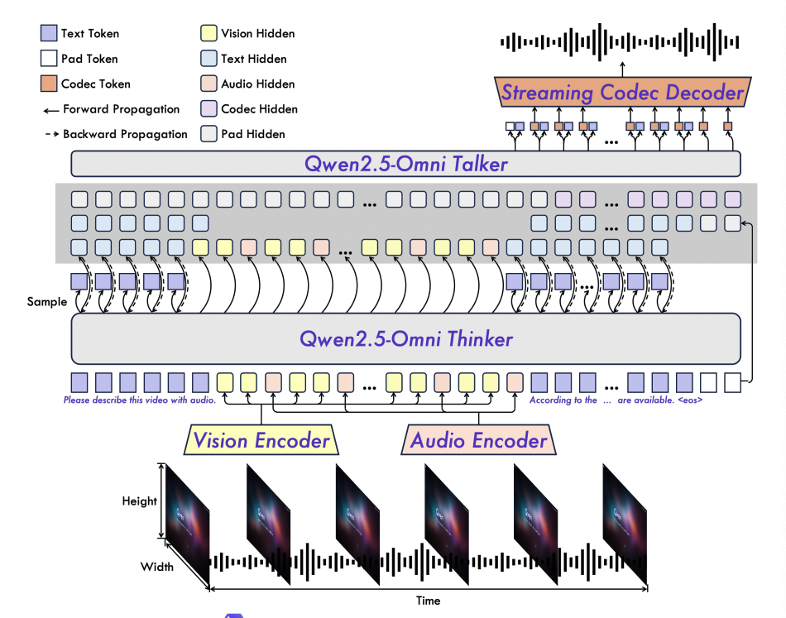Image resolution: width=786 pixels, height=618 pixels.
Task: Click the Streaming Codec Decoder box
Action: (x=622, y=92)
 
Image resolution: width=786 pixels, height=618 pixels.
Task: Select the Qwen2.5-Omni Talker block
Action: (x=405, y=164)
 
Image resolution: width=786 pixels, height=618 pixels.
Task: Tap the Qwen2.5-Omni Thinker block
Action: (x=405, y=338)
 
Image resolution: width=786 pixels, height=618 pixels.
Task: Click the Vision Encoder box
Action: (x=261, y=440)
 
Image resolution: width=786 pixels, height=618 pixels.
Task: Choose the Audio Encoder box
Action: (x=479, y=440)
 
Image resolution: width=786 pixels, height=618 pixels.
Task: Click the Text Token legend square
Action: (x=48, y=34)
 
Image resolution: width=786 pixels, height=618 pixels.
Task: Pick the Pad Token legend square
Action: (x=48, y=59)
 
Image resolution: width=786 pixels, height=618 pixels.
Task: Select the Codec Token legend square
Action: (x=48, y=84)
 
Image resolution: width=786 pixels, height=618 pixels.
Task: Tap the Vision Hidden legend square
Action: (x=208, y=34)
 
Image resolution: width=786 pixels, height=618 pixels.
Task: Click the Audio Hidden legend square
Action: (x=208, y=84)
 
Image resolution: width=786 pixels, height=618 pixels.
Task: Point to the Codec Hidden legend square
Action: (x=208, y=109)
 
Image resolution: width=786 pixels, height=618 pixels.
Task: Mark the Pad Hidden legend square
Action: (x=208, y=134)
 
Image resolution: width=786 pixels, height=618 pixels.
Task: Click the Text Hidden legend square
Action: (x=208, y=59)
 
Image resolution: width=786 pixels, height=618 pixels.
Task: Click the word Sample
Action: (x=47, y=302)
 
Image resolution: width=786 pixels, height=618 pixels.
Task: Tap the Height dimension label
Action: (x=139, y=501)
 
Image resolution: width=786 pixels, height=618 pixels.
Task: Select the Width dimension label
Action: (x=156, y=567)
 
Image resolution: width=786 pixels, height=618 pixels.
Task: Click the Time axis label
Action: (x=428, y=601)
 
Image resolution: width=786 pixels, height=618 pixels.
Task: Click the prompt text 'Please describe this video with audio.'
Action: (x=140, y=400)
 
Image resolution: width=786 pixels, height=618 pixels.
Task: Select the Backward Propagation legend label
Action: (x=125, y=134)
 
